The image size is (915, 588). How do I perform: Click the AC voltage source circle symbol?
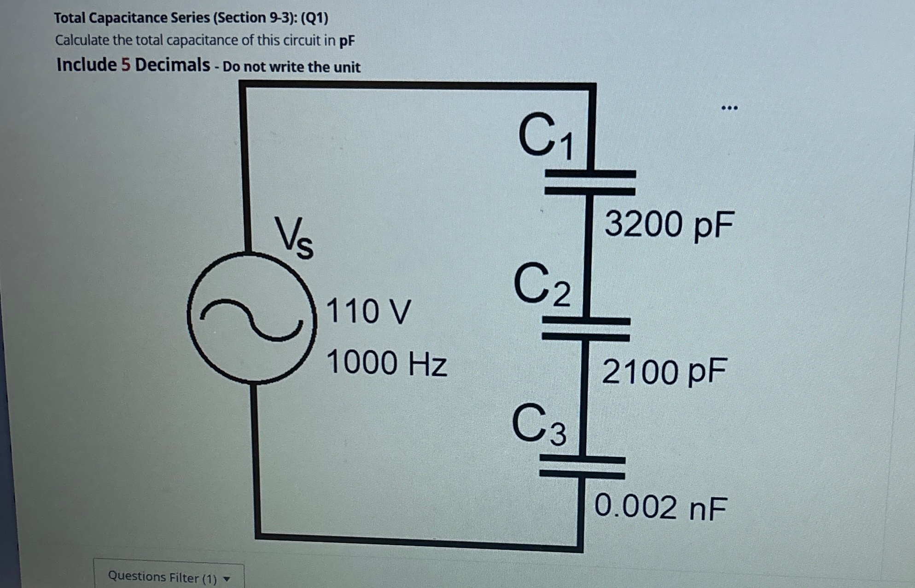(x=252, y=317)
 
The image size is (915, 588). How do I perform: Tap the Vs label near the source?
(x=294, y=238)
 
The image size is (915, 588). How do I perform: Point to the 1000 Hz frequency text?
(x=386, y=362)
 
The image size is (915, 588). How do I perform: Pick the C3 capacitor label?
(x=539, y=424)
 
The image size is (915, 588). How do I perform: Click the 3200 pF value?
(x=669, y=224)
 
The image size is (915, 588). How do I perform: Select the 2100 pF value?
(x=664, y=371)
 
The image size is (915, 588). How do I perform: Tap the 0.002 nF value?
(x=660, y=507)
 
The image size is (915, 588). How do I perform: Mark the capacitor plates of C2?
(x=586, y=329)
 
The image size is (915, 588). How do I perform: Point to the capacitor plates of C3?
(x=582, y=467)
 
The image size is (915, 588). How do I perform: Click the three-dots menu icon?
(x=729, y=108)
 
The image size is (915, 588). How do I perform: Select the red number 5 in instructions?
(x=126, y=65)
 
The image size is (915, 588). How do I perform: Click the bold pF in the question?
(x=347, y=41)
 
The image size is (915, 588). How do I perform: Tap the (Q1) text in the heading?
(x=315, y=18)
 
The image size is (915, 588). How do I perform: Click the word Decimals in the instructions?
(x=172, y=65)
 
